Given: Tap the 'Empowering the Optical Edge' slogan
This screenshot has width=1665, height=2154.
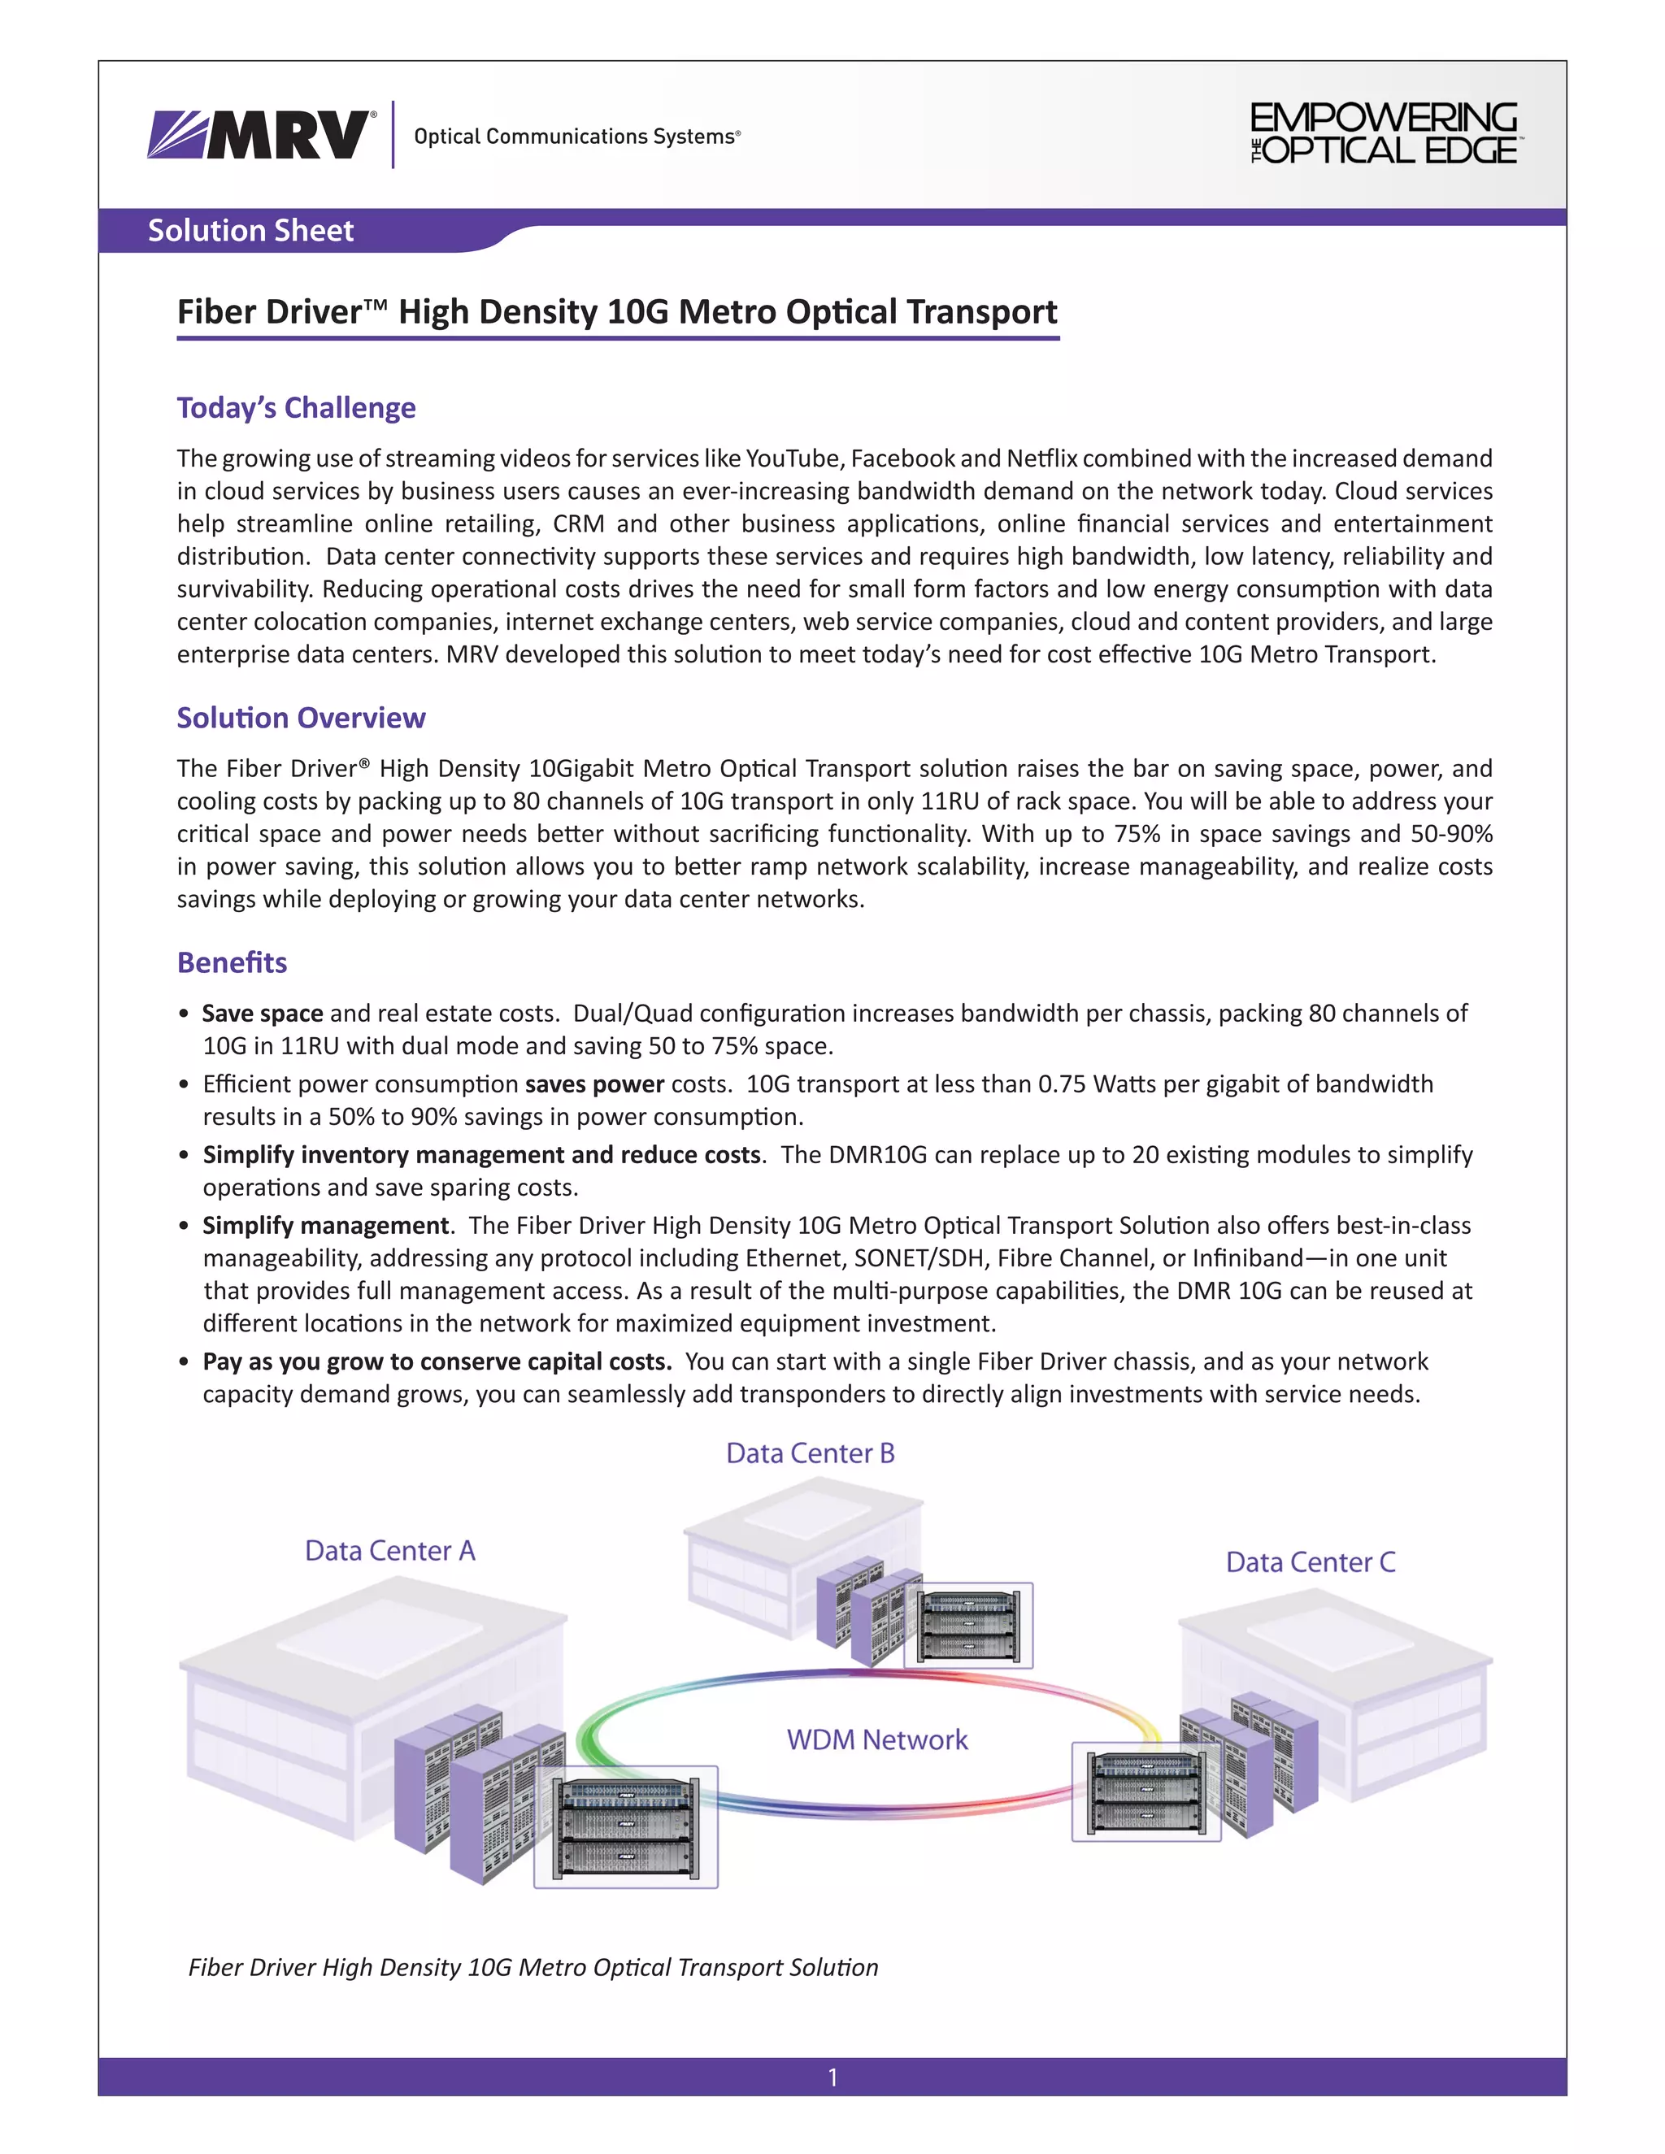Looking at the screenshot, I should (1383, 133).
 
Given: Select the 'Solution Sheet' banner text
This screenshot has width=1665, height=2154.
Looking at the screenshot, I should (250, 231).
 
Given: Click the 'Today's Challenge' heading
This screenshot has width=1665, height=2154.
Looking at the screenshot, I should (296, 408).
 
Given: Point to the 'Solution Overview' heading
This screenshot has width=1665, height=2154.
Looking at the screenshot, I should (301, 718).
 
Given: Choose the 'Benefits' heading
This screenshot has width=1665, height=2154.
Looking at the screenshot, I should (232, 962).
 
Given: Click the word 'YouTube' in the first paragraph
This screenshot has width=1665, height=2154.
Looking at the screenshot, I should (792, 458).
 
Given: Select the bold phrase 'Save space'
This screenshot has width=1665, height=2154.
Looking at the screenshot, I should (263, 1014).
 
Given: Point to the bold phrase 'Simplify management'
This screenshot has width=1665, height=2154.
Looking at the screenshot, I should (325, 1226).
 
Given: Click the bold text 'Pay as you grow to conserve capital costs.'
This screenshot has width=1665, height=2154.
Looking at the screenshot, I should (437, 1362).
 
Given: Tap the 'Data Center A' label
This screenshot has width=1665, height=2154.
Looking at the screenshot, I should (389, 1552).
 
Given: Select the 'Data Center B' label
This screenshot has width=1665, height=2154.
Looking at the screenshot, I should (810, 1454).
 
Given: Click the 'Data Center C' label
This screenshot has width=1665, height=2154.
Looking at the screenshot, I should (1310, 1562).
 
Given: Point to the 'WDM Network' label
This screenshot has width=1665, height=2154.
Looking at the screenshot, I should (877, 1739).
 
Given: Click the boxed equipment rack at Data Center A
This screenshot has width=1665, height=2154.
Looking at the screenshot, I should (625, 1827).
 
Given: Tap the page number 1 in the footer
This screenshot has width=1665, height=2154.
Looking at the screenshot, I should (832, 2078).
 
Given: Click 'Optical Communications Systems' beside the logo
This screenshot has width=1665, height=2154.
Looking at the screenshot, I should (577, 137).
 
